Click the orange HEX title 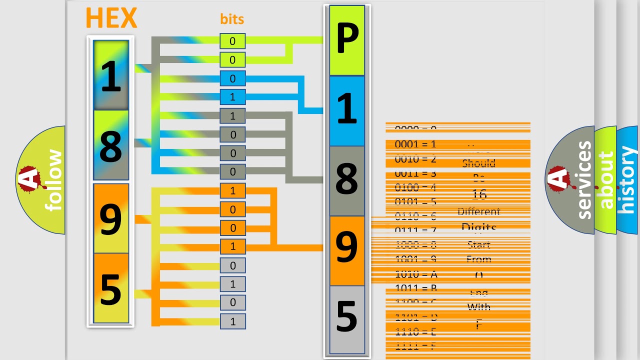[111, 18]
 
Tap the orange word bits [232, 19]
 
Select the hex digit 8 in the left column [111, 145]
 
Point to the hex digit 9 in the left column [111, 218]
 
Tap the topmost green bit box [232, 41]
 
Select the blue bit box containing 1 [232, 96]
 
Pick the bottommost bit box [232, 321]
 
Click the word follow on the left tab [54, 180]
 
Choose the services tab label [583, 180]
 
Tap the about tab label [605, 180]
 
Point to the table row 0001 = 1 [415, 144]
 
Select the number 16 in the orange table [479, 194]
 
